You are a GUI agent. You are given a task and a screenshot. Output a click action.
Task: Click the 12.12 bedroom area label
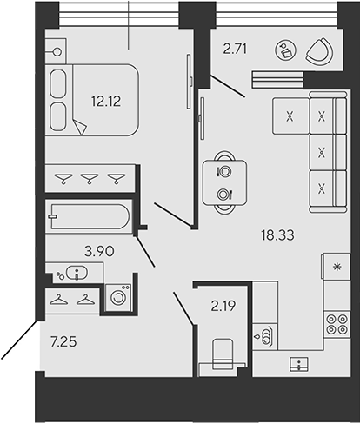point(106,102)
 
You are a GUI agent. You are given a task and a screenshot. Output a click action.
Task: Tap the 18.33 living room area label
point(277,235)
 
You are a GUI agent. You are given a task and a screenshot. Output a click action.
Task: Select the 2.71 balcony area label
point(235,49)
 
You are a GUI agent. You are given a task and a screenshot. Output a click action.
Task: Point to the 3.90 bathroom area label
point(99,251)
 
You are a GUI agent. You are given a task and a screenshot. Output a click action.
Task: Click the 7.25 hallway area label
point(63,342)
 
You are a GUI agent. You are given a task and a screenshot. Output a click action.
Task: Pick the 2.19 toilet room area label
point(223,306)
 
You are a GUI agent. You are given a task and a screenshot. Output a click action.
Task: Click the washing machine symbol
point(118,298)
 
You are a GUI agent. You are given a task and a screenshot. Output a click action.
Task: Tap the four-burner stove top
point(337,324)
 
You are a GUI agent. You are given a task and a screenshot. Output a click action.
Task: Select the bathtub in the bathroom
point(90,216)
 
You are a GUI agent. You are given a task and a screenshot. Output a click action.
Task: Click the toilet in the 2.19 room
point(223,354)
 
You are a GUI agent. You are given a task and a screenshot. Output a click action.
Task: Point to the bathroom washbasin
point(77,273)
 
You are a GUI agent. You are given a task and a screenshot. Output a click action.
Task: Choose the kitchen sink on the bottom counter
point(299,364)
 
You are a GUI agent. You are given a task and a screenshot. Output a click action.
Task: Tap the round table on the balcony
point(285,50)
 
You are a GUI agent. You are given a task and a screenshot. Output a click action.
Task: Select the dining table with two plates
point(224,183)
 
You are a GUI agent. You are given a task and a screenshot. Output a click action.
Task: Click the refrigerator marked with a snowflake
point(337,267)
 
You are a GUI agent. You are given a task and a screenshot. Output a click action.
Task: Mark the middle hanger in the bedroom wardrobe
point(90,178)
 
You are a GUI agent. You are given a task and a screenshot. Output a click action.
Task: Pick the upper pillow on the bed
point(58,83)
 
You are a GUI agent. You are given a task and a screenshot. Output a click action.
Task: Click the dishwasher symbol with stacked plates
point(265,336)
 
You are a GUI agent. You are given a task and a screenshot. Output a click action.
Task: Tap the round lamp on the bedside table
point(57,52)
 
